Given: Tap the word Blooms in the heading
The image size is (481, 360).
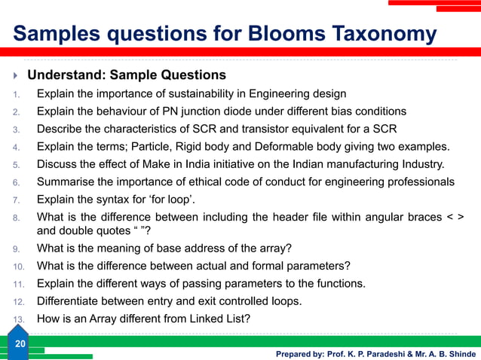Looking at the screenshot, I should coord(270,34).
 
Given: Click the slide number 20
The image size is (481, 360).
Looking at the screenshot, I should coord(20,343).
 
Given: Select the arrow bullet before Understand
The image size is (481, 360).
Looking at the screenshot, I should coord(16,75).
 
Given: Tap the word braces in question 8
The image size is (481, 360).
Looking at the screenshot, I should coord(419,217).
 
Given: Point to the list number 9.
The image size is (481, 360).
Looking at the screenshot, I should coord(16,249).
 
